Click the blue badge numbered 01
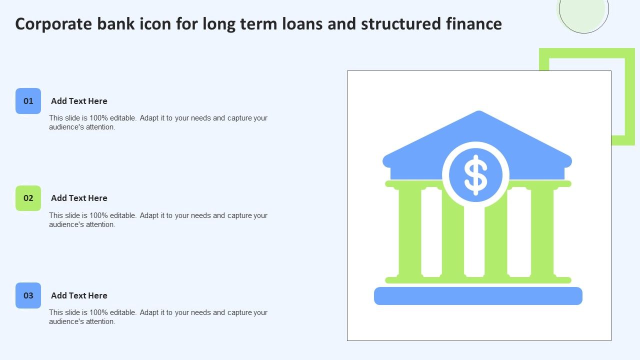[28, 101]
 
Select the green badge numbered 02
[28, 198]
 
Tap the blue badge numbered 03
[28, 295]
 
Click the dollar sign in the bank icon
[475, 175]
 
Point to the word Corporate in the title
[53, 24]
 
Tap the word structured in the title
[401, 23]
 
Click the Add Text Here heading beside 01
[79, 101]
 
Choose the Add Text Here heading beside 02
[79, 198]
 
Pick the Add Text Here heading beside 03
[79, 295]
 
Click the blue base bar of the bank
[478, 296]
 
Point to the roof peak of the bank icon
[479, 111]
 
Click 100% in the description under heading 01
[99, 118]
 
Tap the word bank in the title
[115, 23]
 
